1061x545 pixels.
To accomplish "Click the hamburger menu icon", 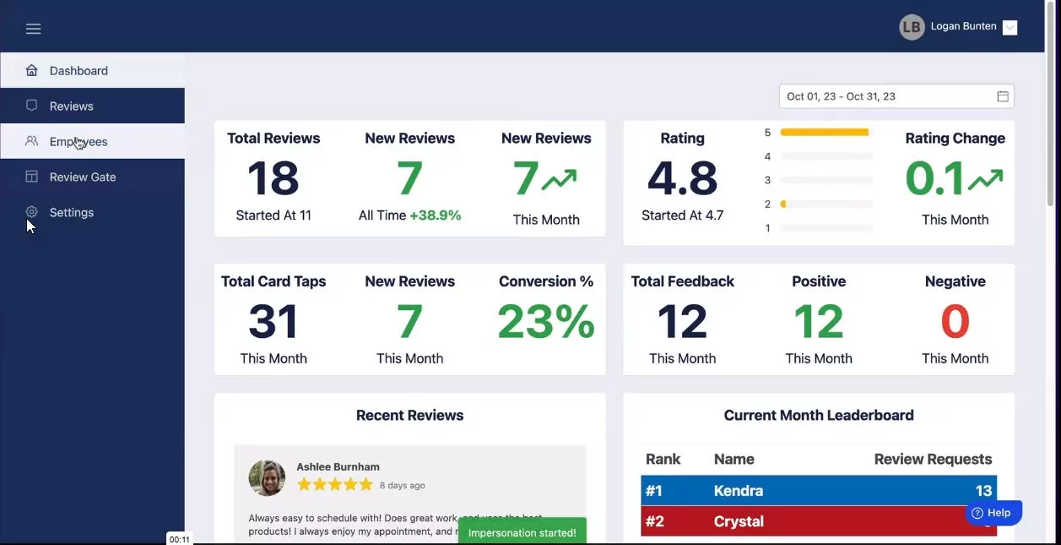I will tap(33, 29).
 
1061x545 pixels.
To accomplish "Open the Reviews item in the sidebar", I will tap(71, 106).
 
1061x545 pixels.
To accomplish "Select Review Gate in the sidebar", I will tap(82, 177).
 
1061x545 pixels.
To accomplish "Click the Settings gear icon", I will tap(32, 212).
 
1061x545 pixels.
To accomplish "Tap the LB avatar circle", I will tap(912, 27).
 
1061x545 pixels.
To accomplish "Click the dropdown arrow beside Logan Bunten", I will tap(1010, 27).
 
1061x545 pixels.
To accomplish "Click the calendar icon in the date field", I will tap(1003, 96).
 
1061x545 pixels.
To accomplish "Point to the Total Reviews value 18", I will tap(273, 178).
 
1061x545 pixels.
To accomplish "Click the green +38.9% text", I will tap(436, 215).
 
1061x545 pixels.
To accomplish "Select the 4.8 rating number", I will tap(682, 178).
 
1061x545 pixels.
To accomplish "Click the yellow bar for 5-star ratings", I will tap(824, 133).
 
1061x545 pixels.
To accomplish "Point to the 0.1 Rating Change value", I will tap(935, 178).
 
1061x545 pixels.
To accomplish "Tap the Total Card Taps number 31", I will tap(273, 322).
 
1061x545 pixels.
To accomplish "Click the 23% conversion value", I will tap(546, 322).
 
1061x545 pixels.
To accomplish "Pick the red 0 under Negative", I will tap(955, 322).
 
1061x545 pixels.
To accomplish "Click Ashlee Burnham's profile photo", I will tap(267, 478).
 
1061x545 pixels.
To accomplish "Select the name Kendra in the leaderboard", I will tap(739, 491).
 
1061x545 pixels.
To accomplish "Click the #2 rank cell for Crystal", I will tap(655, 521).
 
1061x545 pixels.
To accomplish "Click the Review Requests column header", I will tap(933, 460).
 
